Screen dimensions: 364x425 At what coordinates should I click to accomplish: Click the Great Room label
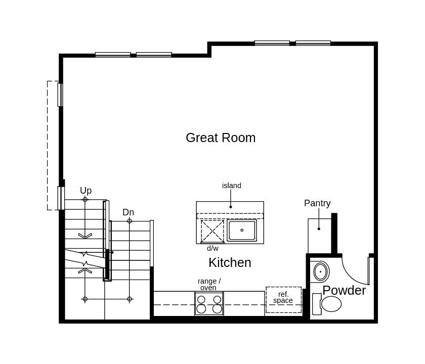[x=221, y=138]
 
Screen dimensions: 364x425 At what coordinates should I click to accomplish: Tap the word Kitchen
[x=230, y=262]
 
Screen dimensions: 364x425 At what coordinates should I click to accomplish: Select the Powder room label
[x=344, y=290]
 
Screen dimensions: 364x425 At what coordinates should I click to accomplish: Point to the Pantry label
[x=317, y=203]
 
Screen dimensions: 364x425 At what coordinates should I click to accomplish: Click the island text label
[x=232, y=186]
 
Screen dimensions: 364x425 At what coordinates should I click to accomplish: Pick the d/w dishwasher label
[x=212, y=248]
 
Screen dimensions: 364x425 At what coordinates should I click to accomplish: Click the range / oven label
[x=209, y=284]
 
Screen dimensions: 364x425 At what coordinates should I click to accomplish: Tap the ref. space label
[x=283, y=297]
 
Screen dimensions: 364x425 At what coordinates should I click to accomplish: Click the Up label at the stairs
[x=86, y=191]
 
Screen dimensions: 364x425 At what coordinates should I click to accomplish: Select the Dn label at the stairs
[x=128, y=212]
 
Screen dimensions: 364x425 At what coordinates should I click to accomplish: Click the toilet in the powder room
[x=328, y=304]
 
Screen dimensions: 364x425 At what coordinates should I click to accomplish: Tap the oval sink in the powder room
[x=320, y=271]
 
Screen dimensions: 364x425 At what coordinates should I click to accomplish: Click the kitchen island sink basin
[x=242, y=231]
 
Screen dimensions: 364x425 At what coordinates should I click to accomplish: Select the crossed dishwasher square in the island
[x=212, y=231]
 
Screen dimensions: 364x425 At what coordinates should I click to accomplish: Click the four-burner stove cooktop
[x=209, y=303]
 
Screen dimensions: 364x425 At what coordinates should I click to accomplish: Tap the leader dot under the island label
[x=231, y=207]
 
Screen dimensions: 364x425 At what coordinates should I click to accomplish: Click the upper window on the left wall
[x=60, y=95]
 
